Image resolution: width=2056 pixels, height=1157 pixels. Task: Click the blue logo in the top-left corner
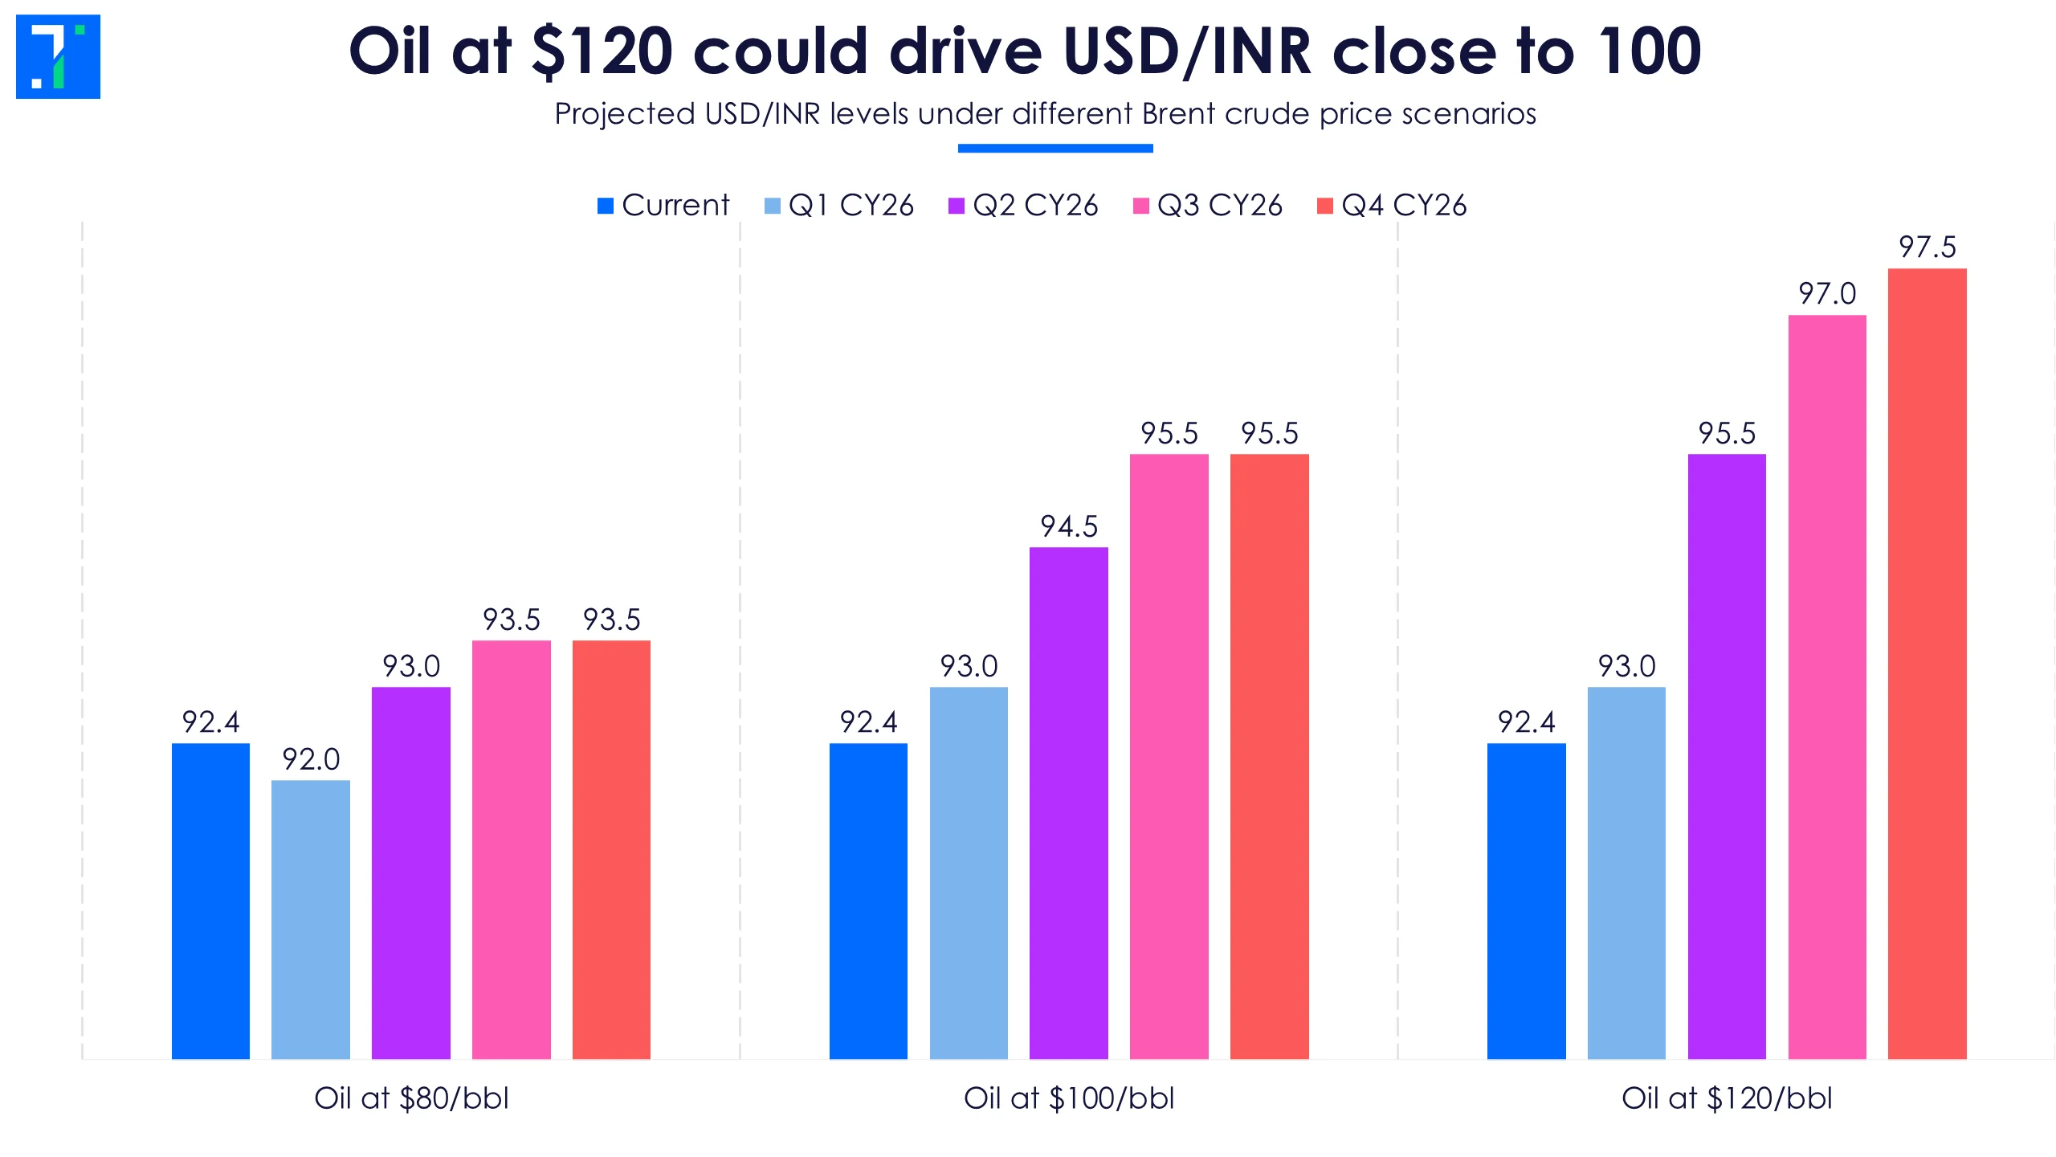point(58,56)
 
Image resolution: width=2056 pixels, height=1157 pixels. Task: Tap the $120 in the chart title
point(602,51)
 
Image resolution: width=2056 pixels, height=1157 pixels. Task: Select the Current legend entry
point(663,206)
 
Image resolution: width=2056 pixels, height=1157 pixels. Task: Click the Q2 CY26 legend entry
point(1023,206)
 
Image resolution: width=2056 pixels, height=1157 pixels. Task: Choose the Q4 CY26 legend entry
point(1393,206)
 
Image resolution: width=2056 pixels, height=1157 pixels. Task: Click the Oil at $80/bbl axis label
point(411,1098)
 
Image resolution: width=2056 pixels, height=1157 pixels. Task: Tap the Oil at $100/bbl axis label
point(1069,1098)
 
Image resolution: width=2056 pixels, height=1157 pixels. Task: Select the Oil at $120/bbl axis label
point(1727,1098)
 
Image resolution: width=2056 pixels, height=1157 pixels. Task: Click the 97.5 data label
point(1927,247)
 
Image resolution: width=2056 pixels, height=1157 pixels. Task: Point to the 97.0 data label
point(1827,294)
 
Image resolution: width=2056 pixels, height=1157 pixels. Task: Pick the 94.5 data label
point(1069,527)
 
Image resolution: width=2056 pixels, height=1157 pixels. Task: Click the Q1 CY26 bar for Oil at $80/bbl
point(311,920)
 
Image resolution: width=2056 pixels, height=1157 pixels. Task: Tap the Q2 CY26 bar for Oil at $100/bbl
point(1069,803)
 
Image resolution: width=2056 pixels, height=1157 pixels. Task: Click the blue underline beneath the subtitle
point(1055,149)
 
